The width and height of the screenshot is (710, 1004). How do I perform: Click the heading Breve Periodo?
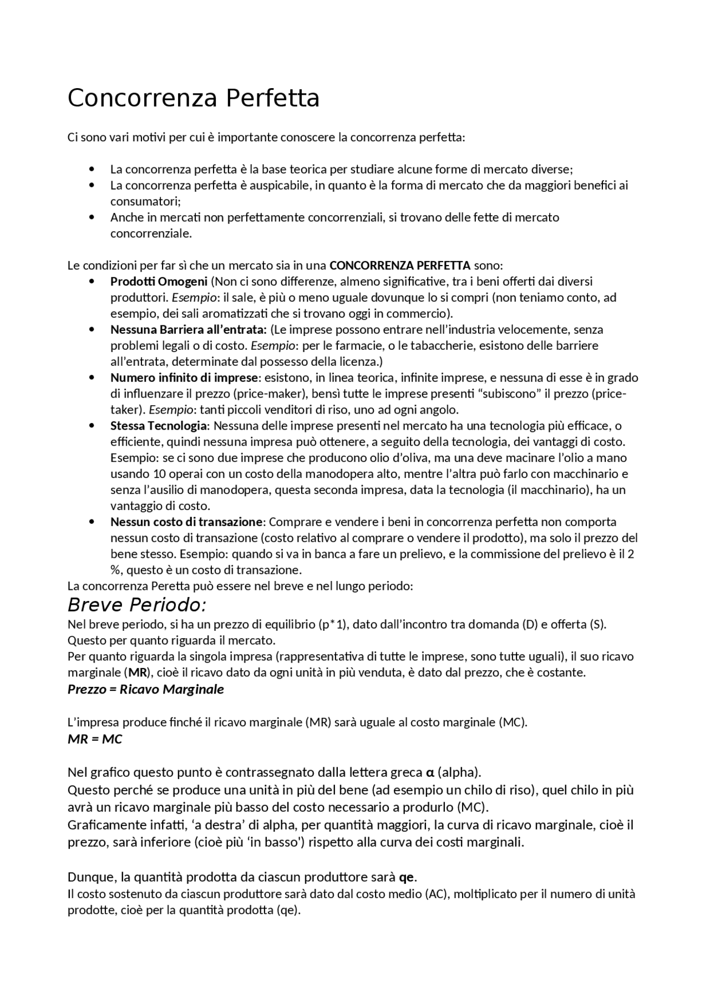coord(137,604)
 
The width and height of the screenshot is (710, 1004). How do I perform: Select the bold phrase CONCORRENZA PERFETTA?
coord(399,265)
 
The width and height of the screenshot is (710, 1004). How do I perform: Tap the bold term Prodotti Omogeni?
coord(159,281)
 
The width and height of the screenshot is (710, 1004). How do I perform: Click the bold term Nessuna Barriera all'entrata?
coord(189,329)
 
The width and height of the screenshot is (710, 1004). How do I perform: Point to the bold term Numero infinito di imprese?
coord(184,378)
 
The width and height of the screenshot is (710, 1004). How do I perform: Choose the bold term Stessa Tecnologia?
coord(159,426)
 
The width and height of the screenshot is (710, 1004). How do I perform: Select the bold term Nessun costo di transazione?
coord(186,522)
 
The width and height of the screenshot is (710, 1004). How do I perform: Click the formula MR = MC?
coord(94,739)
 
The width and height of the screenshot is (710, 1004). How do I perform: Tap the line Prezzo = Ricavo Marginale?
coord(145,689)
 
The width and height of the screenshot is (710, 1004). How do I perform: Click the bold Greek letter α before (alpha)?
coord(429,772)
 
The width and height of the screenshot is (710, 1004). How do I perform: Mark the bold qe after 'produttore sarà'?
coord(407,877)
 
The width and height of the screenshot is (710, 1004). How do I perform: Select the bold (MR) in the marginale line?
coord(136,672)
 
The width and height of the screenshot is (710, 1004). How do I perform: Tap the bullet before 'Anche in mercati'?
coord(92,217)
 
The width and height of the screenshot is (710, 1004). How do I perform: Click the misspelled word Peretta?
coord(168,586)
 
